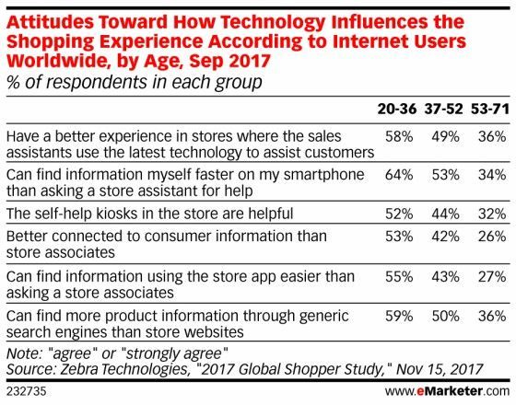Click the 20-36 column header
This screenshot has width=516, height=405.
(398, 109)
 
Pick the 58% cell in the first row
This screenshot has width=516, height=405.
(398, 134)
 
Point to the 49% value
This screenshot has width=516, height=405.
(444, 134)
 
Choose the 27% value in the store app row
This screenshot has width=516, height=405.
(489, 273)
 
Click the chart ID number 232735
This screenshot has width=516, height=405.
(26, 392)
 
